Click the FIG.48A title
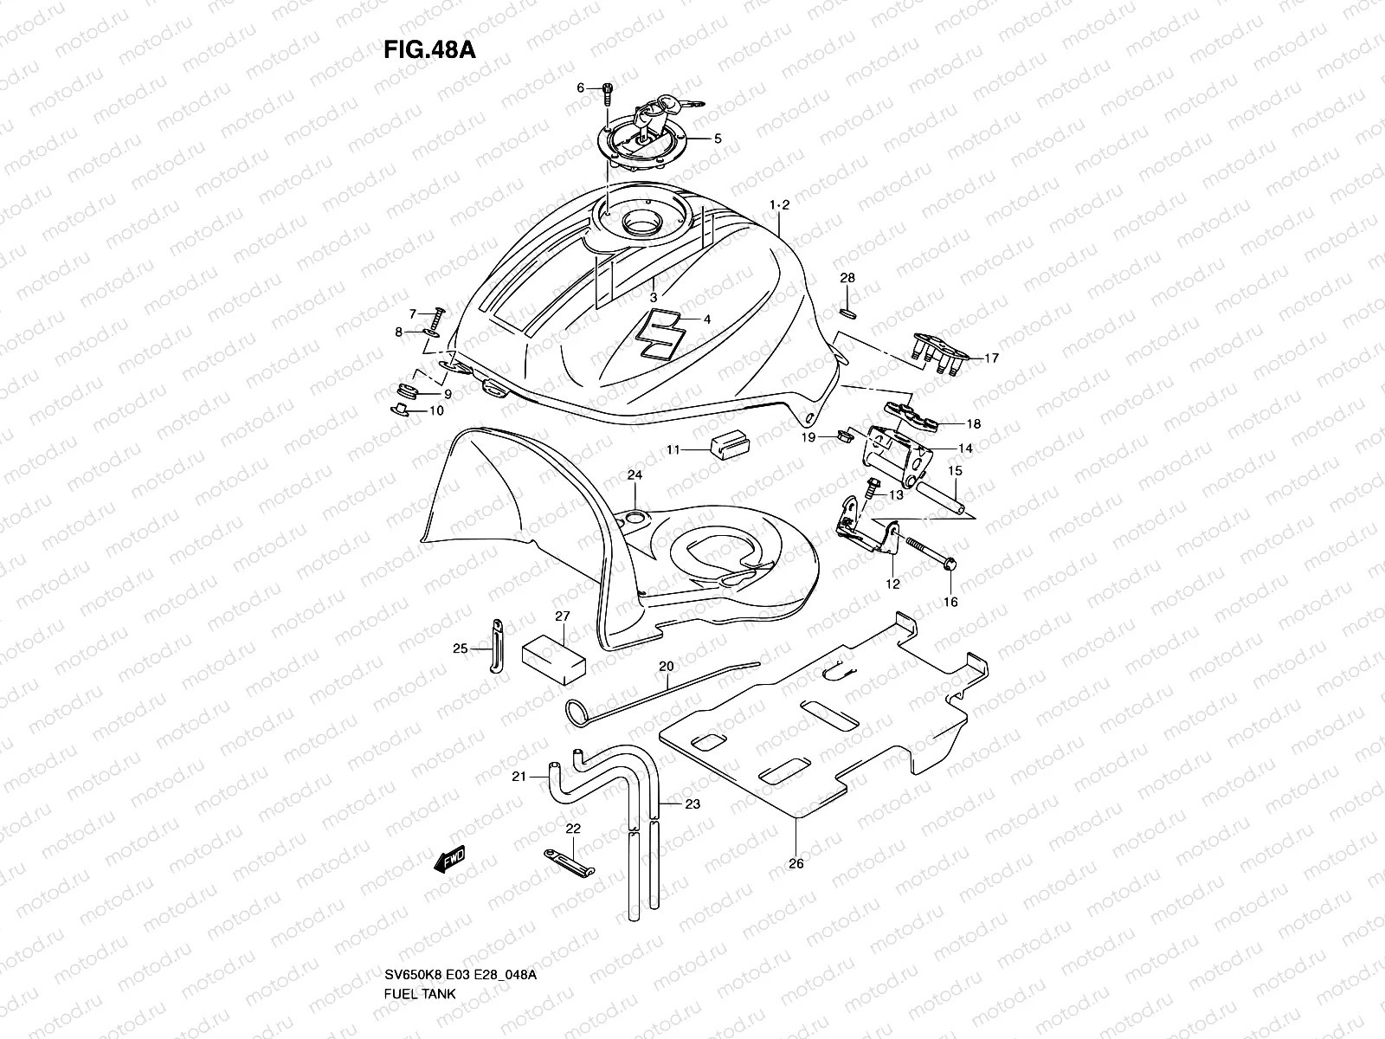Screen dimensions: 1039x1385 click(429, 49)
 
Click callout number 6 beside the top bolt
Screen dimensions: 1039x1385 click(582, 87)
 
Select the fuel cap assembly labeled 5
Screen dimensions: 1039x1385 click(645, 139)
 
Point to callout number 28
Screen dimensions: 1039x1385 click(847, 278)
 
